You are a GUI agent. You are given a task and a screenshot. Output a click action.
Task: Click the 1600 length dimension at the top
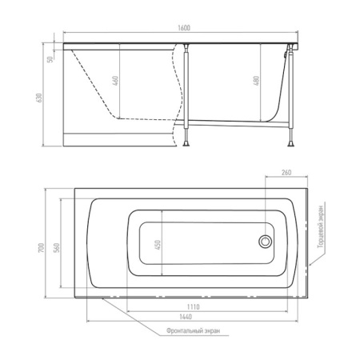click(x=184, y=28)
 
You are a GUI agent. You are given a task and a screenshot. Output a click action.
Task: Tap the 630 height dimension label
click(x=39, y=98)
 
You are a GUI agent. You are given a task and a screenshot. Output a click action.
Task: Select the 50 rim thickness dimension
click(x=50, y=59)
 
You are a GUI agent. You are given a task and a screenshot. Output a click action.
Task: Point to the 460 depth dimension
click(x=115, y=81)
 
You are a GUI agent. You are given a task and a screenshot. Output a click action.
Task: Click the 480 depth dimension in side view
click(x=256, y=81)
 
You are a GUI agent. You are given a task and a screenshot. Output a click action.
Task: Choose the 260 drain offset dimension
click(x=286, y=173)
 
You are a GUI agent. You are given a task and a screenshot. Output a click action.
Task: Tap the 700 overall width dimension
click(x=42, y=248)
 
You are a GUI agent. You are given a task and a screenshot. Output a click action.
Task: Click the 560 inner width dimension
click(x=57, y=248)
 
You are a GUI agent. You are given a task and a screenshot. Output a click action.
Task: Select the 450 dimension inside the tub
click(x=158, y=245)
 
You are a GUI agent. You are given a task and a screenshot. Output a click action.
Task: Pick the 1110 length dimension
click(x=193, y=307)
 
